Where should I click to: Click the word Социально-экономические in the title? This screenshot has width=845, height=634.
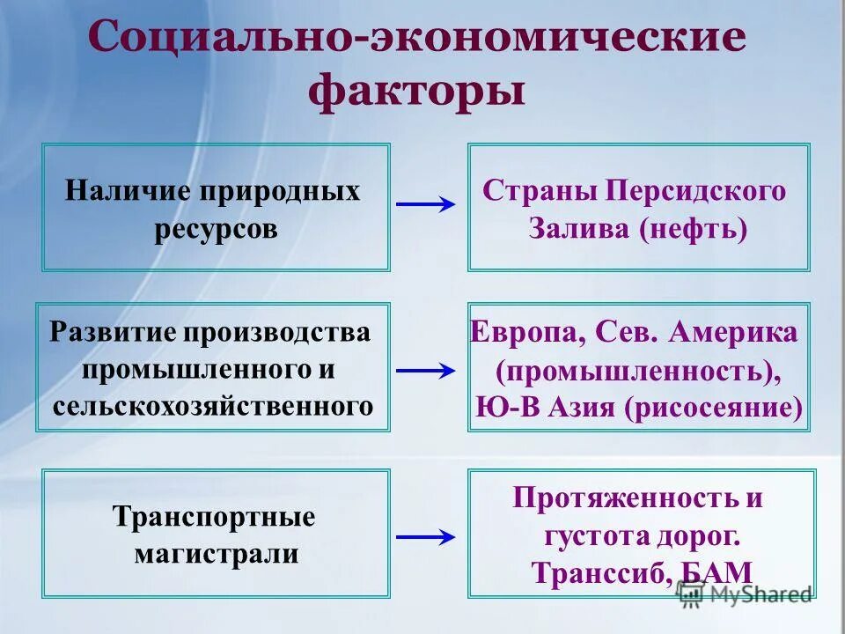point(417,41)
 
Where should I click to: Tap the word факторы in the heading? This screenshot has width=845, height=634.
point(417,91)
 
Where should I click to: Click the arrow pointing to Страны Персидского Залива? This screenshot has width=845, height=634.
point(426,205)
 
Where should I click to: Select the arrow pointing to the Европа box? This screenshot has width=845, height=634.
point(426,371)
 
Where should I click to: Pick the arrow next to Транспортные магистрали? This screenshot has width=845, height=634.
point(426,535)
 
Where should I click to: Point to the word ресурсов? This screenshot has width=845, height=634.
point(216,229)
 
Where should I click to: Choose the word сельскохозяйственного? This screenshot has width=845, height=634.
point(212,406)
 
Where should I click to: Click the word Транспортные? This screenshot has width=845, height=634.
point(214,517)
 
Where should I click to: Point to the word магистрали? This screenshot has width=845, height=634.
point(216,555)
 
